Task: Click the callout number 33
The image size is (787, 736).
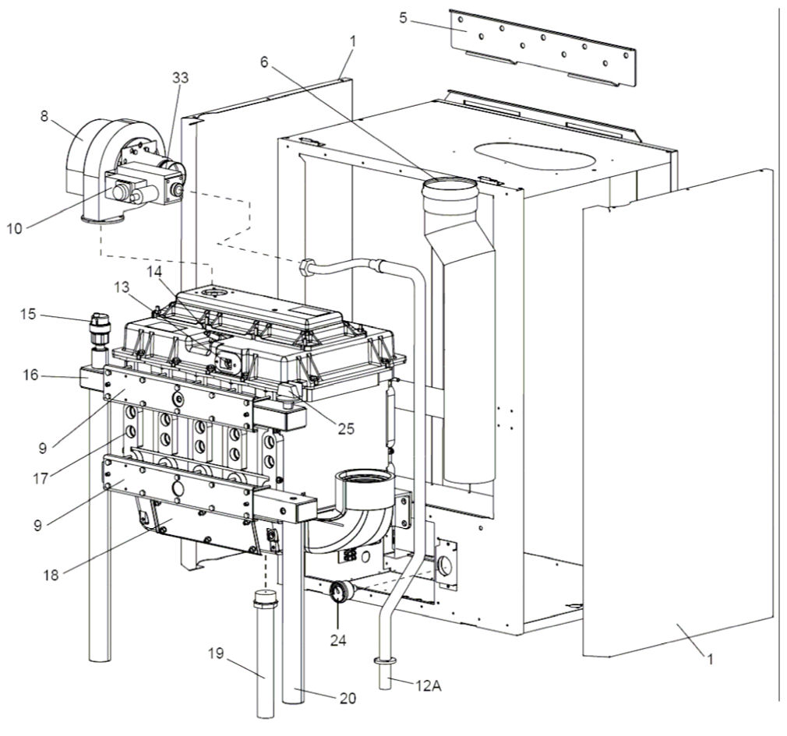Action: (181, 78)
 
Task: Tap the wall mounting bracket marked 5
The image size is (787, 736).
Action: (545, 47)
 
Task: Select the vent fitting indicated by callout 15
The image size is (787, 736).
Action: (98, 327)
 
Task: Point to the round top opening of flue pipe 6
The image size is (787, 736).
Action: (447, 187)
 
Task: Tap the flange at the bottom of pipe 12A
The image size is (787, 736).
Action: (384, 661)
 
